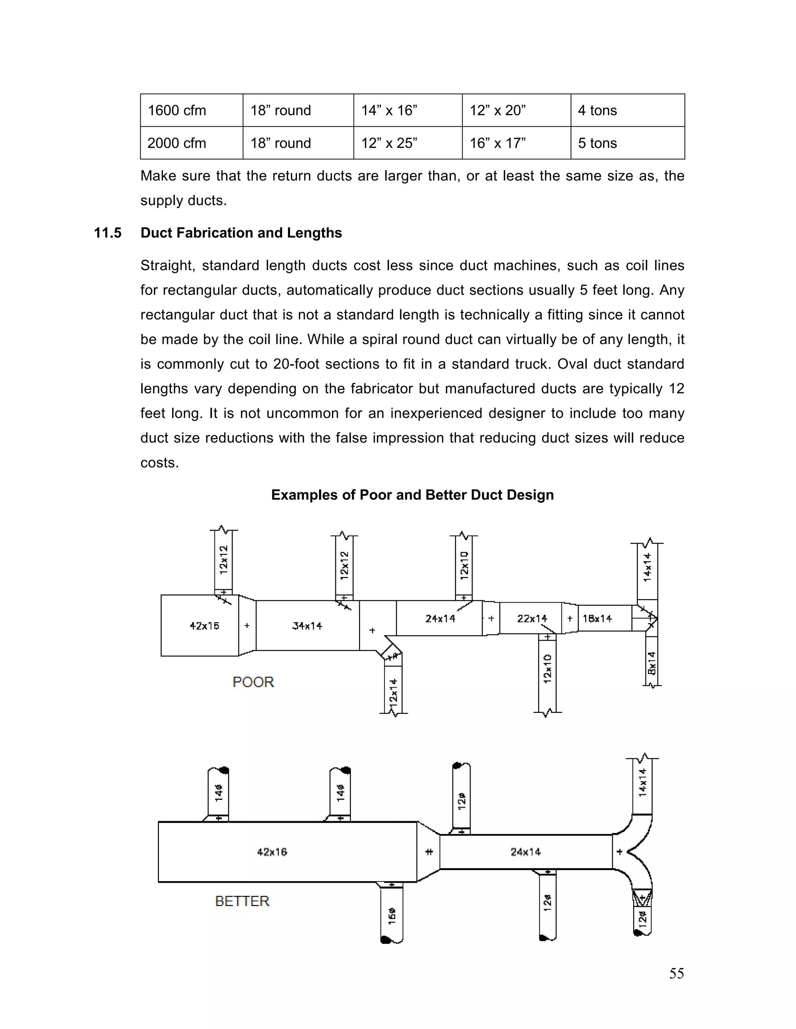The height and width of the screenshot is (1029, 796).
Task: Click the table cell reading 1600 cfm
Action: coord(177,110)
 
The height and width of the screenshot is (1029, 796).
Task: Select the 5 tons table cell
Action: coord(597,143)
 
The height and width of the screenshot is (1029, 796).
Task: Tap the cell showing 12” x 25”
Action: coord(389,143)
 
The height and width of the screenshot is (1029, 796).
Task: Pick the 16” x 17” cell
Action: coord(497,143)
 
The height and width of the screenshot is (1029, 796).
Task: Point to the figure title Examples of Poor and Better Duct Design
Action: coord(412,495)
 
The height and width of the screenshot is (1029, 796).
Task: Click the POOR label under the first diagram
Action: coord(253,682)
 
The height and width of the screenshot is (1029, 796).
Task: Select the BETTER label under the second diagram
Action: coord(242,901)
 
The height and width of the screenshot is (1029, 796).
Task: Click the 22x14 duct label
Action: coord(532,618)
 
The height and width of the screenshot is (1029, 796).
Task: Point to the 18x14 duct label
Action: coord(597,618)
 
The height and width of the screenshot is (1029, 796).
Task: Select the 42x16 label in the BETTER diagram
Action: coord(272,852)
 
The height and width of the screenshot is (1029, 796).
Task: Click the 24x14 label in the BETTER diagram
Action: coord(525,852)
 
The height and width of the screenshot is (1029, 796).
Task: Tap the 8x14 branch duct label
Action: coord(652,663)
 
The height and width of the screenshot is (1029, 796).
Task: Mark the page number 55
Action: coord(676,973)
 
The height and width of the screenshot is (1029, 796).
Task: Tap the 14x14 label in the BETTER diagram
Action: coord(642,783)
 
